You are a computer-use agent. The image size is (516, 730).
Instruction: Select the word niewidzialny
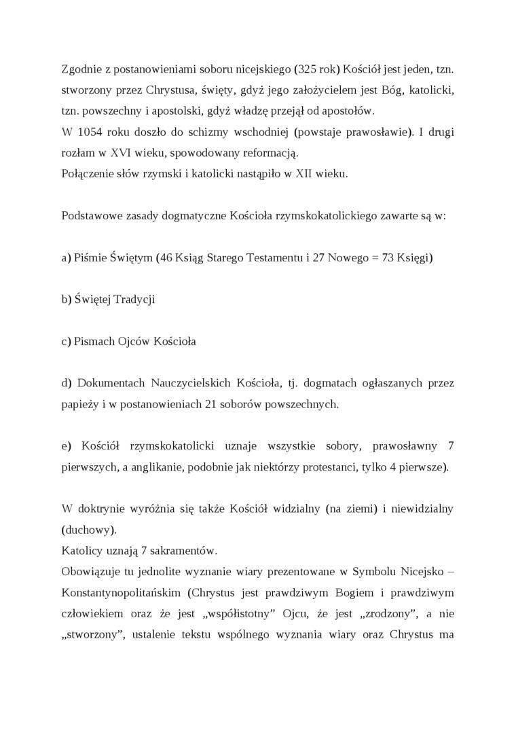click(420, 508)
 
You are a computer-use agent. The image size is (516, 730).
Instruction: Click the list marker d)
click(67, 383)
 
